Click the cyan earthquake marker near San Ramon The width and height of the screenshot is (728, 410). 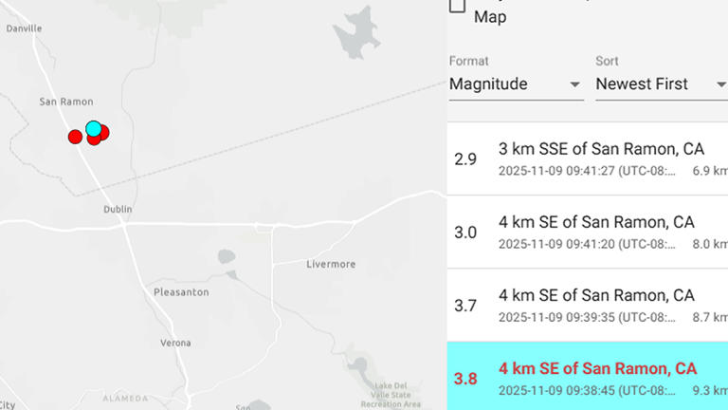93,128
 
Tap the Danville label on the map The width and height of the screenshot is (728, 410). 24,28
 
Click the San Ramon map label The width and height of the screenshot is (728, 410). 66,102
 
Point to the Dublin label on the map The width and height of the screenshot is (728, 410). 118,209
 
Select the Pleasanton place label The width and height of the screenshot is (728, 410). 181,292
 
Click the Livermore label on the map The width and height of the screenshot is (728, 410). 331,263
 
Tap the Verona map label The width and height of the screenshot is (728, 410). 174,343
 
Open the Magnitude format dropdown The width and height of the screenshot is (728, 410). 516,84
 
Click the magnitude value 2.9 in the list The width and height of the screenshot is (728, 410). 465,158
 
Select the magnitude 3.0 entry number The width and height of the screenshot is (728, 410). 465,233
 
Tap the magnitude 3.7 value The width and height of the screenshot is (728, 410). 465,306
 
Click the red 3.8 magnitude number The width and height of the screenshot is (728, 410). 465,379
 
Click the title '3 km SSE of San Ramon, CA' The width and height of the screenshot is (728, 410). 601,148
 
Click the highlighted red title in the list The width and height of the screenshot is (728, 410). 597,368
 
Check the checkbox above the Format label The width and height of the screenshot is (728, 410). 457,5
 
